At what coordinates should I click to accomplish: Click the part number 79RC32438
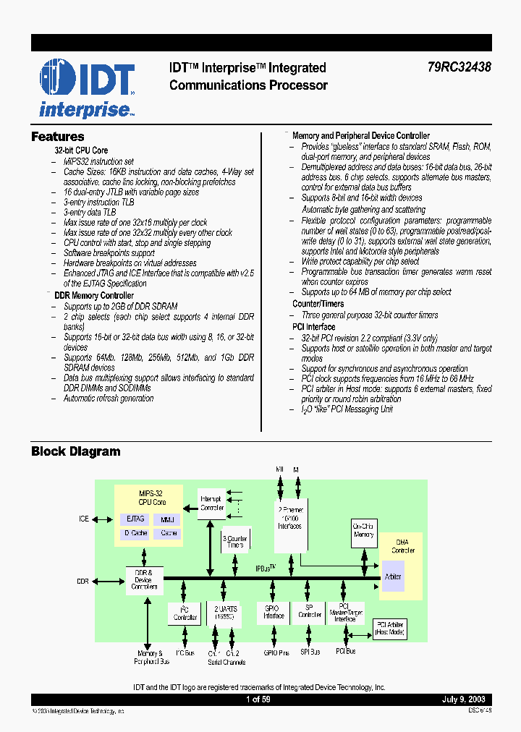coord(458,67)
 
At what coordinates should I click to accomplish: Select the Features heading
coord(57,137)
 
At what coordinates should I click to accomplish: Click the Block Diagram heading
coord(75,451)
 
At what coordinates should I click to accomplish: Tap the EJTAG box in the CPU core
coord(135,519)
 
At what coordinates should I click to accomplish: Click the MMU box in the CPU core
coord(168,519)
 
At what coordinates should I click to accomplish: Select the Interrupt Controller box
coord(212,503)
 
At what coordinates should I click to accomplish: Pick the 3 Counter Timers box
coord(234,542)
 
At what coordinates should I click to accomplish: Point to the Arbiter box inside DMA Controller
coord(393,576)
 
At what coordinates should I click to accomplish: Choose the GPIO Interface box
coord(274,613)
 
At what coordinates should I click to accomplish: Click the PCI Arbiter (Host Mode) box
coord(389,629)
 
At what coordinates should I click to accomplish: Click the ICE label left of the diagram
coord(84,519)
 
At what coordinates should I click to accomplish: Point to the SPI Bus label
coord(310,652)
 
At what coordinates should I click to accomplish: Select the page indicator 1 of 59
coord(258,699)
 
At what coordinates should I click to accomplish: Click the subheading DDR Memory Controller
coord(94,295)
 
